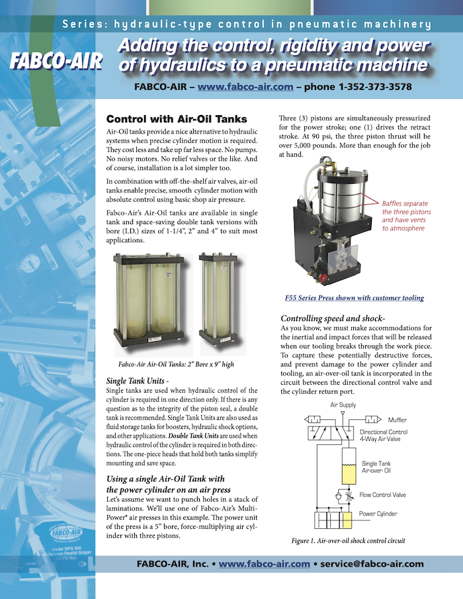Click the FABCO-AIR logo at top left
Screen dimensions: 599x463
point(56,61)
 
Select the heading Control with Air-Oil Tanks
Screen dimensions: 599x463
point(177,120)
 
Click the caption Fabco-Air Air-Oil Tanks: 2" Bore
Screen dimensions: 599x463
point(175,364)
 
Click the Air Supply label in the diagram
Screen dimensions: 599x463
point(343,404)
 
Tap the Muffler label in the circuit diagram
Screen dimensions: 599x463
point(398,420)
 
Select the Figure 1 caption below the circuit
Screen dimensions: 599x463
point(348,541)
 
